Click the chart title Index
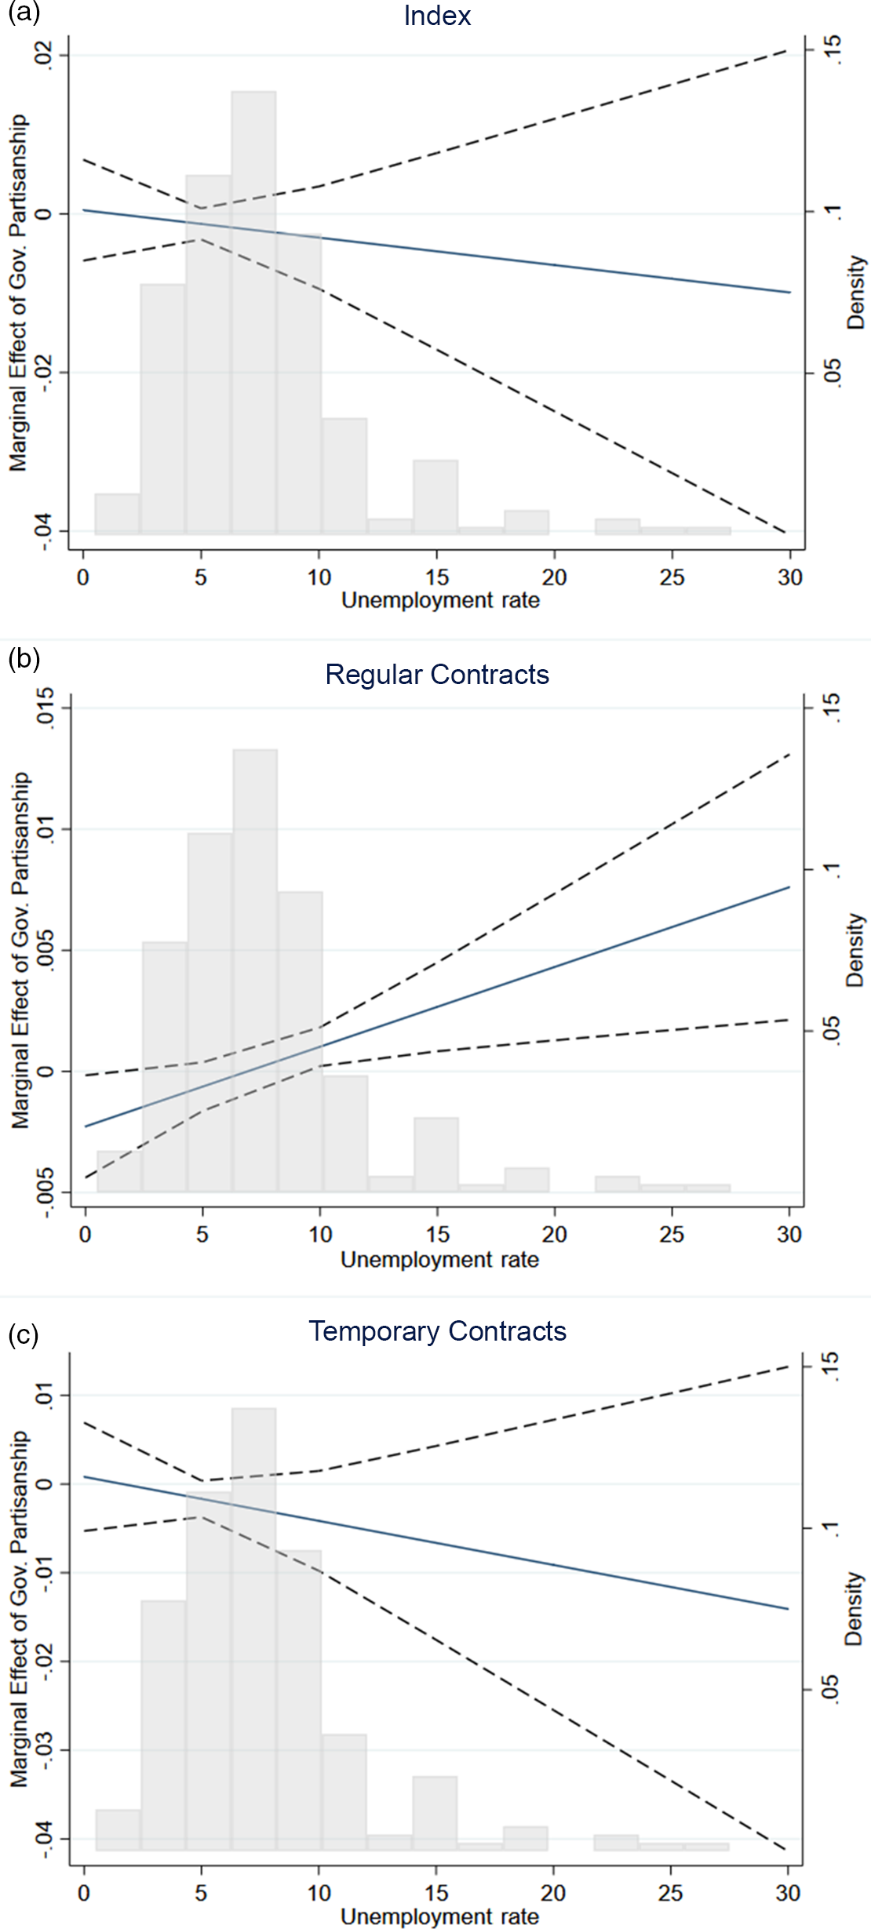(437, 16)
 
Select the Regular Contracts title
(437, 675)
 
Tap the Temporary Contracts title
(437, 1331)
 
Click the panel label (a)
(23, 13)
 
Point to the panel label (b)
(23, 658)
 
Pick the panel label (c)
(23, 1334)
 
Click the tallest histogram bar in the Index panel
(253, 314)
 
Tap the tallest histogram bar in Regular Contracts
(255, 973)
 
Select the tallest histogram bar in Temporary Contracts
(253, 1632)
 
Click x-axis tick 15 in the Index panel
(437, 577)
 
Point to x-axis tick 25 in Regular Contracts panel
(672, 1234)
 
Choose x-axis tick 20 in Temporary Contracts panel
(553, 1893)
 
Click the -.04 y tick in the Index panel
(49, 531)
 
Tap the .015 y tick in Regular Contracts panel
(49, 708)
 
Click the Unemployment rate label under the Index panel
(440, 601)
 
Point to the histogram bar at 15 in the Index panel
(435, 497)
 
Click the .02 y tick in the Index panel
(49, 55)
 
